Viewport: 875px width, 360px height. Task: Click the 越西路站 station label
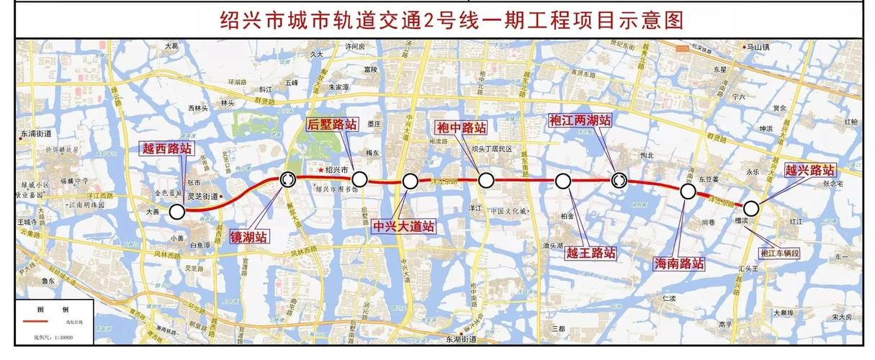(x=166, y=149)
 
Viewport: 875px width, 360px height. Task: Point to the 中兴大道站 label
(x=404, y=226)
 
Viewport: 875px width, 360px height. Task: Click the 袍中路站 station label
(x=462, y=127)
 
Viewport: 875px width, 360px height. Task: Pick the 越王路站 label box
(x=591, y=253)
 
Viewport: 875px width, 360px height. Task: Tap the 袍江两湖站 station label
(x=580, y=120)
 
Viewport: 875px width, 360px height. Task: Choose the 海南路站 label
(x=678, y=263)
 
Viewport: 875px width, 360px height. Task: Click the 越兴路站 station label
(x=809, y=171)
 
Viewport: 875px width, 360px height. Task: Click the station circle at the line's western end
(x=176, y=211)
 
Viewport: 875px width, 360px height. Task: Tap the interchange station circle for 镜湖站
(x=287, y=179)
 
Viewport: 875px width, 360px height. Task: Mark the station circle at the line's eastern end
(x=751, y=208)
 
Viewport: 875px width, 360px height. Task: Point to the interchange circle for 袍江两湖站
(x=619, y=180)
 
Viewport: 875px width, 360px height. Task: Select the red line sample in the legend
(x=40, y=321)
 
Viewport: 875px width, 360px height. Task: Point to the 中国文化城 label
(x=510, y=212)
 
